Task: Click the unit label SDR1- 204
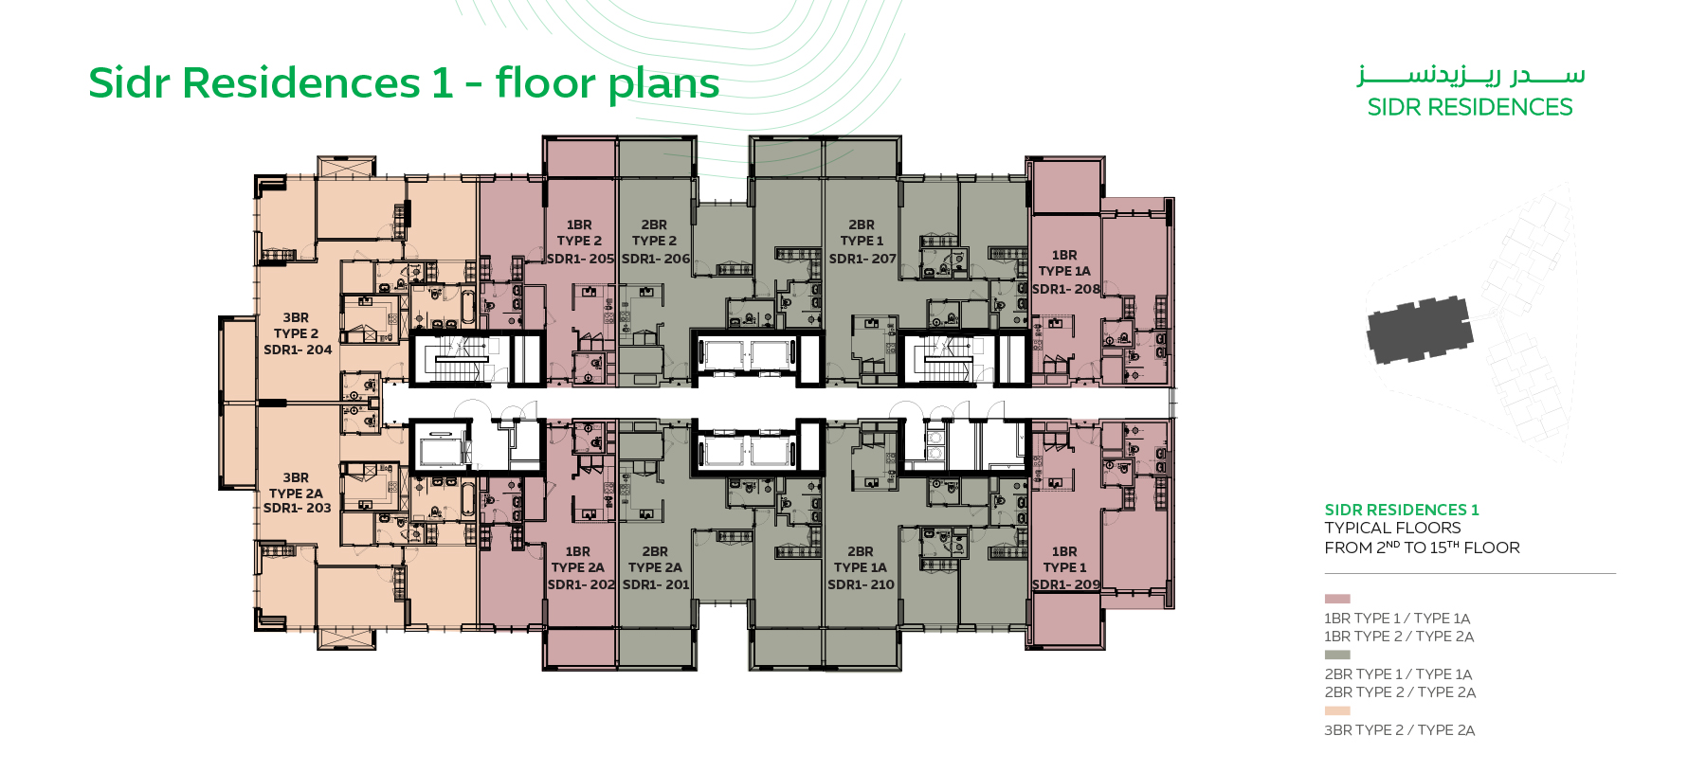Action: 298,350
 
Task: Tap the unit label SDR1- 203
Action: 298,508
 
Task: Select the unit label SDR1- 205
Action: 580,259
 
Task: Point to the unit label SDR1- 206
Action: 656,259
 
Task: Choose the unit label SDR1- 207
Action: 862,259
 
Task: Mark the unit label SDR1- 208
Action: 1066,289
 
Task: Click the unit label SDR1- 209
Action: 1066,584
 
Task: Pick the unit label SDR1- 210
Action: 861,584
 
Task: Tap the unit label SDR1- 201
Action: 656,584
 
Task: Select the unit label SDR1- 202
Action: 581,584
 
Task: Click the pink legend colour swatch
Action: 1336,599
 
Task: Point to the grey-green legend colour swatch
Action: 1336,655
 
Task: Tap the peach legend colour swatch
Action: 1336,710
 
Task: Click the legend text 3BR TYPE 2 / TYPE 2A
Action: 1399,730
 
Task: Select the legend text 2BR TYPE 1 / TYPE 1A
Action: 1398,674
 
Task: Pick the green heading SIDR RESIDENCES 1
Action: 1401,510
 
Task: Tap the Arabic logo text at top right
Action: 1470,75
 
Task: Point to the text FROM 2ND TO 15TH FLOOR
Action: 1422,548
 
